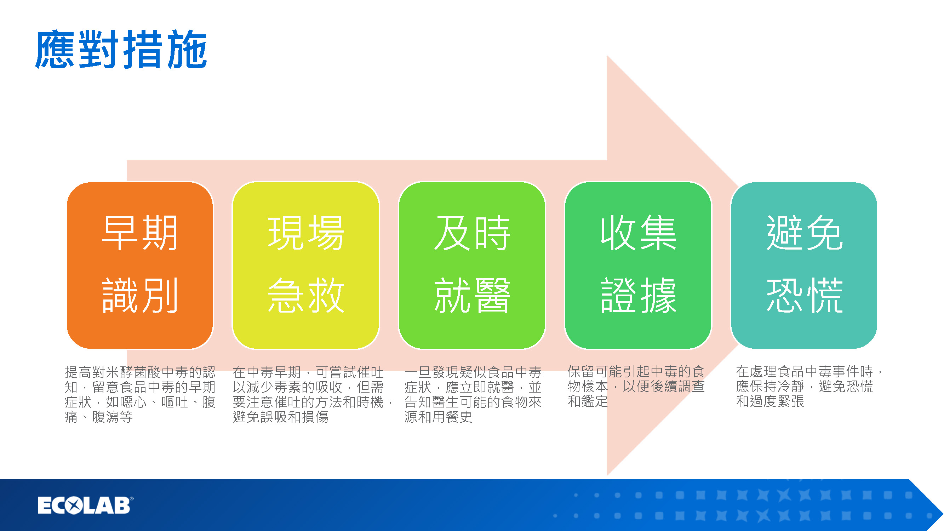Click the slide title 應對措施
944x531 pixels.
point(121,50)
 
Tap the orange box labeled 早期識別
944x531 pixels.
point(140,265)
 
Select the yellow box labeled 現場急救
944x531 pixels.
point(306,265)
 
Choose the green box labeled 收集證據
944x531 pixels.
point(638,265)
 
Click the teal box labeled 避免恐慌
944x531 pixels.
point(804,265)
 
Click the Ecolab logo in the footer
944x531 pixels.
point(85,506)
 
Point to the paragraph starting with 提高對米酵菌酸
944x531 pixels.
point(140,394)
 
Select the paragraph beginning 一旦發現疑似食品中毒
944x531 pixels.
point(473,394)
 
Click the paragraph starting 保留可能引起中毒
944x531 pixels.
point(636,387)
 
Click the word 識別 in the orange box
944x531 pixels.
point(140,295)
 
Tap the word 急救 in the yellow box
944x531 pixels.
point(306,295)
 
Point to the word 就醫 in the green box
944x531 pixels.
point(472,295)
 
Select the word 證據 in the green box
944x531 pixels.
point(638,295)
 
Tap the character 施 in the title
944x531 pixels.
point(187,50)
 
